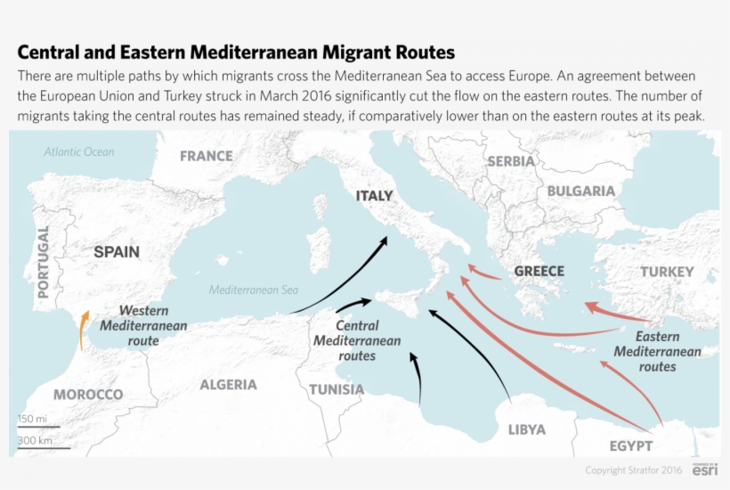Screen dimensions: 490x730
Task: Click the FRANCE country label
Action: [x=206, y=156]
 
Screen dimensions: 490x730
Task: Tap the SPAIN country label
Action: [x=117, y=252]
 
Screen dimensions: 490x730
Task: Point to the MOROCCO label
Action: [x=87, y=395]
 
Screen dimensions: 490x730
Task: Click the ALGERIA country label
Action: [x=228, y=385]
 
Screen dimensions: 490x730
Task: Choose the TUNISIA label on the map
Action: [x=337, y=389]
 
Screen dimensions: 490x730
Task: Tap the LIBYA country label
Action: [x=526, y=429]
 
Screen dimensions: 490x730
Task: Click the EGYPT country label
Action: [x=630, y=445]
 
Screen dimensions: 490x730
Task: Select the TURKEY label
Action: [x=667, y=272]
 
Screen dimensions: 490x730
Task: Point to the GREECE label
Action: [x=539, y=271]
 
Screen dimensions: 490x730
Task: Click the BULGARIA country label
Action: [x=580, y=191]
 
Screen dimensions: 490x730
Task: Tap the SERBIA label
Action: [x=511, y=161]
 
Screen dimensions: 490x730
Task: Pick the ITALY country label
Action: [x=374, y=196]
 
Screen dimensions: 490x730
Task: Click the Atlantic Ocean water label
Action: [x=79, y=151]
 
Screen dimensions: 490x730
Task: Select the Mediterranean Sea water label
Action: [x=254, y=290]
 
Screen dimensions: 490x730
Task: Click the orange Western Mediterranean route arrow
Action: [x=82, y=329]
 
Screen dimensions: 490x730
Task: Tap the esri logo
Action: [x=705, y=470]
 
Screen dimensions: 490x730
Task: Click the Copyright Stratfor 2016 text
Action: [x=634, y=470]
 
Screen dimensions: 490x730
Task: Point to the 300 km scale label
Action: [x=34, y=440]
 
